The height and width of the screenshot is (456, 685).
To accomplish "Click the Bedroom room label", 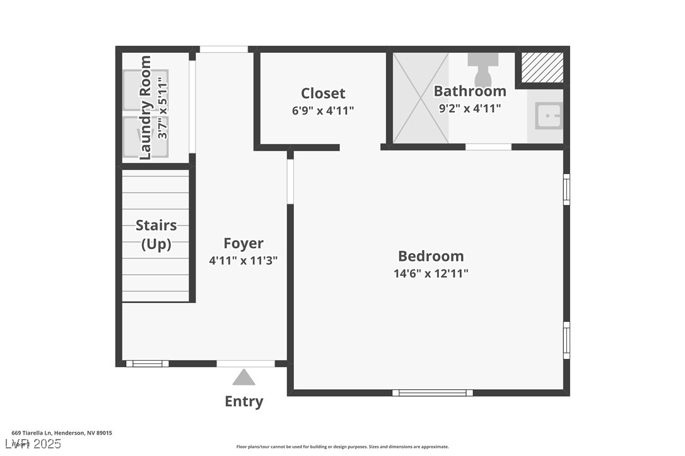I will click(431, 256).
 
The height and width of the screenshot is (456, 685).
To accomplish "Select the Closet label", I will click(323, 93).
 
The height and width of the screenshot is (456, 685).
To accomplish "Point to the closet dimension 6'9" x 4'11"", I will click(323, 110).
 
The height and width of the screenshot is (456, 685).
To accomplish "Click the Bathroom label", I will click(470, 91).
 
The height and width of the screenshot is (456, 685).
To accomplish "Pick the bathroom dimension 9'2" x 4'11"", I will click(470, 108).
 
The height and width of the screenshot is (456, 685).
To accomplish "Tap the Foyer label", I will click(243, 243).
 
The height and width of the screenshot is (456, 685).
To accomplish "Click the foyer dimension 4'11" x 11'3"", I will click(243, 259).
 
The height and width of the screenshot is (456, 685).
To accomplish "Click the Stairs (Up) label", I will click(156, 234).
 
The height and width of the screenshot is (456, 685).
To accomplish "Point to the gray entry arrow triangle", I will click(243, 378).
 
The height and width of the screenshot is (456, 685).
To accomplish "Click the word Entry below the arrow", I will click(243, 401).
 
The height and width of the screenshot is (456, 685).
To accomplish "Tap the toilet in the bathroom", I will click(483, 69).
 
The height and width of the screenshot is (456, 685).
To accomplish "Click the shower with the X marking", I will click(421, 98).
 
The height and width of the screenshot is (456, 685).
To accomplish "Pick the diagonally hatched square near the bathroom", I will click(542, 67).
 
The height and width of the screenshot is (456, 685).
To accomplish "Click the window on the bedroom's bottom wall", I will click(433, 392).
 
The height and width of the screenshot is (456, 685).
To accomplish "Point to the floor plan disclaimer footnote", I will click(342, 447).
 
